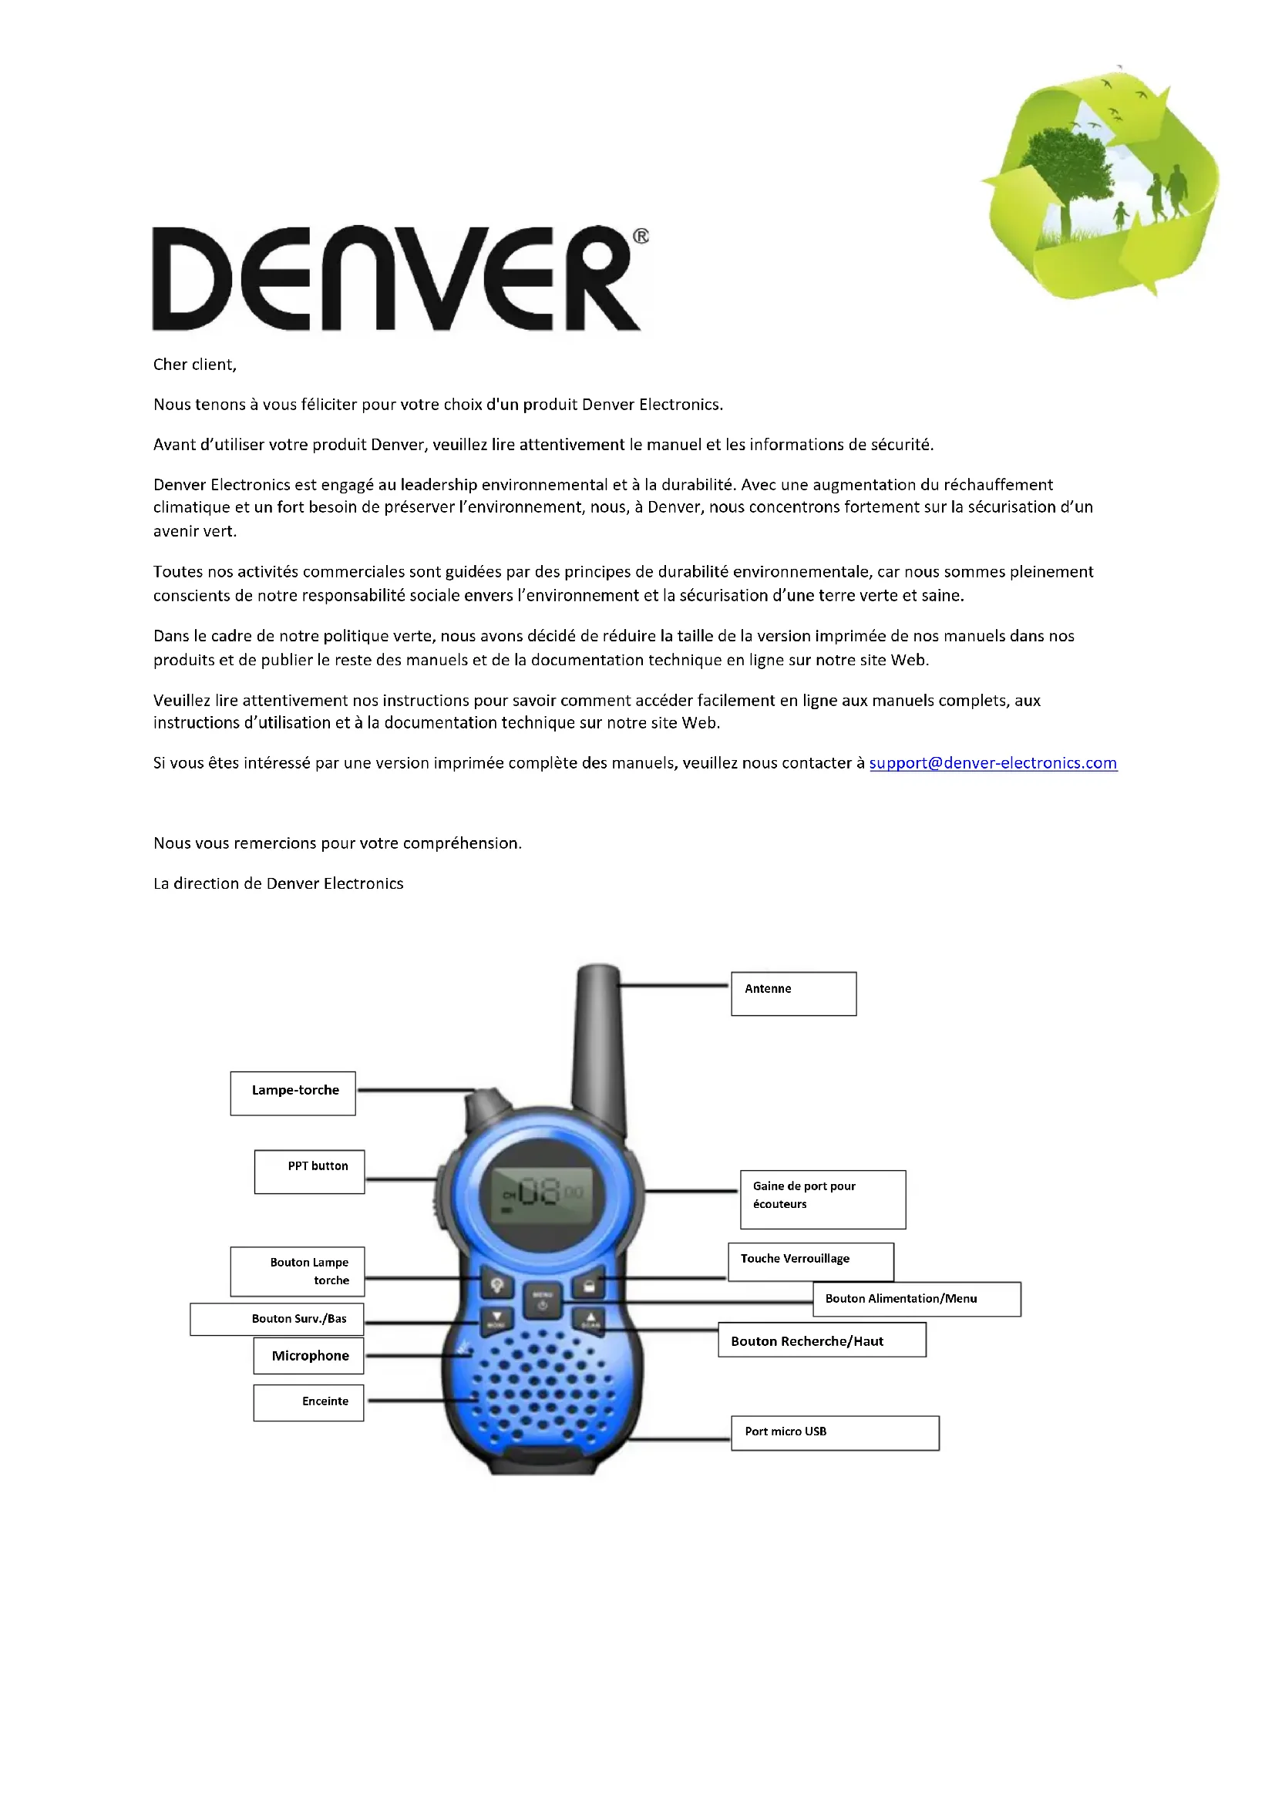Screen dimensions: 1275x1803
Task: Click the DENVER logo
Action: pos(396,279)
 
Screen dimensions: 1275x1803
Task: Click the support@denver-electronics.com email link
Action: pos(992,763)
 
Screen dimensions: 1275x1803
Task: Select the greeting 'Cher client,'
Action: pos(195,365)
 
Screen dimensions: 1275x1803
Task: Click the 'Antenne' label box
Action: pos(793,994)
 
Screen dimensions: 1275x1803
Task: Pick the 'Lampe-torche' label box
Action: pos(293,1092)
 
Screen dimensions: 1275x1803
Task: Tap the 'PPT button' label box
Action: pos(309,1172)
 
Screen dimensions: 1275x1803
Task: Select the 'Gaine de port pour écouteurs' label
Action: pos(822,1199)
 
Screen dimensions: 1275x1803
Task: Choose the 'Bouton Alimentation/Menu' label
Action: pos(917,1299)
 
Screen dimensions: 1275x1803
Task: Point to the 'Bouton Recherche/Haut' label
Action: pos(821,1340)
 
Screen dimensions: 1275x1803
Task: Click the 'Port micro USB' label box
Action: pos(835,1432)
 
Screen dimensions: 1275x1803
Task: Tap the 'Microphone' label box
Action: pos(308,1356)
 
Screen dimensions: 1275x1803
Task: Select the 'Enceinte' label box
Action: pos(308,1402)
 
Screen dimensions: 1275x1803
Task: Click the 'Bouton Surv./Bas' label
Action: pos(278,1319)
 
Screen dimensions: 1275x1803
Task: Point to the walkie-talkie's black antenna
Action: pos(598,1044)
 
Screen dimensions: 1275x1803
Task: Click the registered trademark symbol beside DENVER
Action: pos(641,237)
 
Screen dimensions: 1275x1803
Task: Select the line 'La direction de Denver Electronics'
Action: pos(279,883)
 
